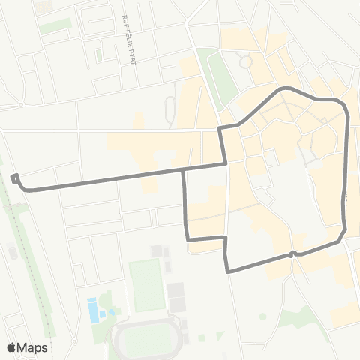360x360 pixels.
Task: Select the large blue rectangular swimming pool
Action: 92,309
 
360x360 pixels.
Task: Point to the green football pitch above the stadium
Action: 146,285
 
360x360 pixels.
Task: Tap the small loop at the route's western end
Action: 15,178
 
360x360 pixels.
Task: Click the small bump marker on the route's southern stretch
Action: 291,254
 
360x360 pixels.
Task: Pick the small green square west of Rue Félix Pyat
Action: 98,55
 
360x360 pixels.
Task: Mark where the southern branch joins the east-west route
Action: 184,169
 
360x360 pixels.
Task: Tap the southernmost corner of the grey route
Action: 227,270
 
